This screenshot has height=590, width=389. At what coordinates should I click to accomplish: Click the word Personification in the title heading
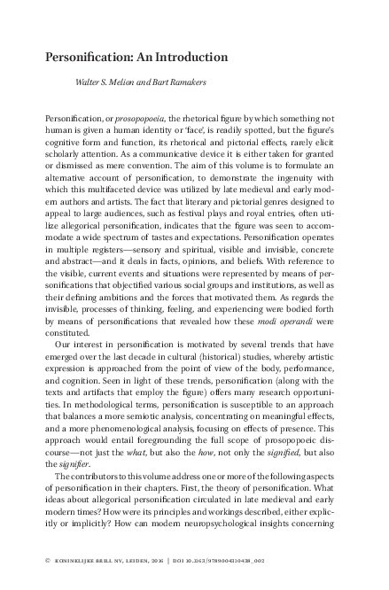tap(89, 58)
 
